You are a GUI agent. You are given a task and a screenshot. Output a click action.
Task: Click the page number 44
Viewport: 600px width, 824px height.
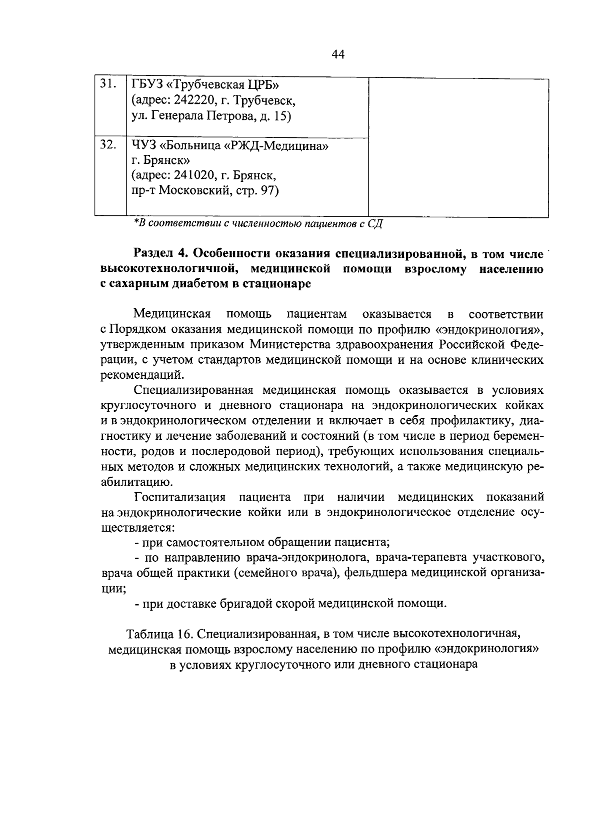[x=338, y=54]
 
